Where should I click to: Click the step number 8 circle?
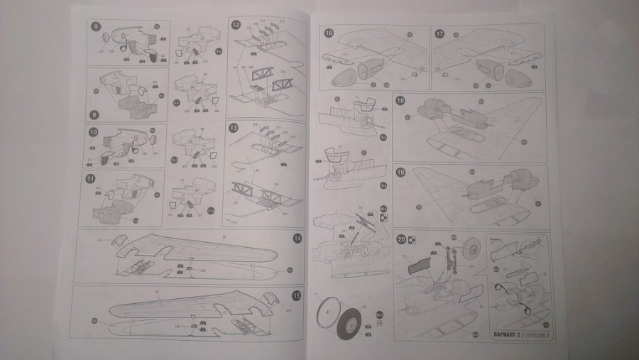point(96,27)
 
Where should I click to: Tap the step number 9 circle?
point(94,114)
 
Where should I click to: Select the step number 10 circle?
point(92,132)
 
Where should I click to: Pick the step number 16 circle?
point(329,33)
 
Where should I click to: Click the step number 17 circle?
point(439,33)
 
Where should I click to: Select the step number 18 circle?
point(401,102)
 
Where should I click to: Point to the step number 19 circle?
point(401,171)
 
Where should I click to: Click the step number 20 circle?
point(401,239)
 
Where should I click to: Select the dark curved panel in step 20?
point(422,266)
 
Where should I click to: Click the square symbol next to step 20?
point(413,240)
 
